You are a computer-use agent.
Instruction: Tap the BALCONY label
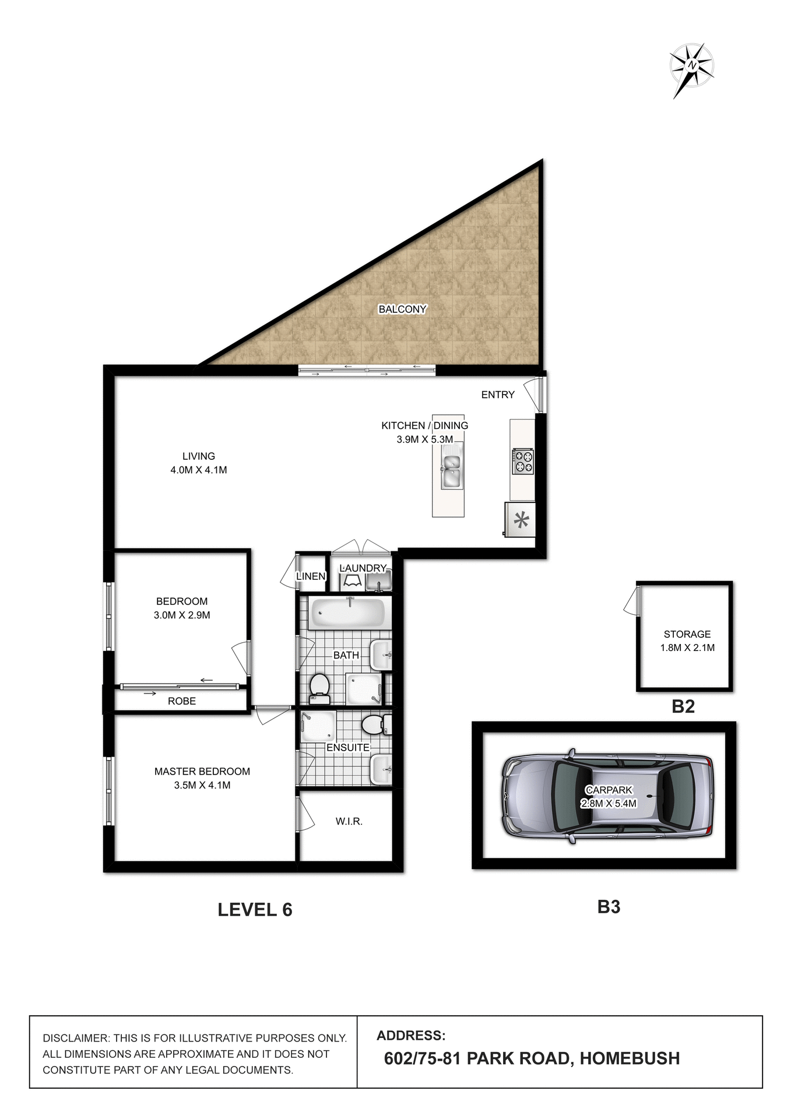tap(402, 309)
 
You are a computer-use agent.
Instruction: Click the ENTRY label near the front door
tap(497, 395)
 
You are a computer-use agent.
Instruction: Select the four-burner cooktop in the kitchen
tap(522, 462)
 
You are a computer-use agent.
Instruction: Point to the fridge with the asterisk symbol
tap(521, 519)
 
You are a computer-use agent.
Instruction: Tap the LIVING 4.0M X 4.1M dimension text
tap(198, 470)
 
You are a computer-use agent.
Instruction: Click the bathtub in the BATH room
tap(347, 613)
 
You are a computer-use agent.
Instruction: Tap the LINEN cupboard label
tap(311, 576)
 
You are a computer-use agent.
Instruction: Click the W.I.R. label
tap(349, 821)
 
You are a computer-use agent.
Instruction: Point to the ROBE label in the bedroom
tap(181, 701)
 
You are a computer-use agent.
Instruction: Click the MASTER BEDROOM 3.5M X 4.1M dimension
tap(202, 785)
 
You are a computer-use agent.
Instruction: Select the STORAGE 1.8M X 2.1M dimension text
tap(687, 648)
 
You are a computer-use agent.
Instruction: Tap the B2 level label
tap(683, 706)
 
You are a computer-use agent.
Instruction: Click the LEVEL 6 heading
tap(255, 910)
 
